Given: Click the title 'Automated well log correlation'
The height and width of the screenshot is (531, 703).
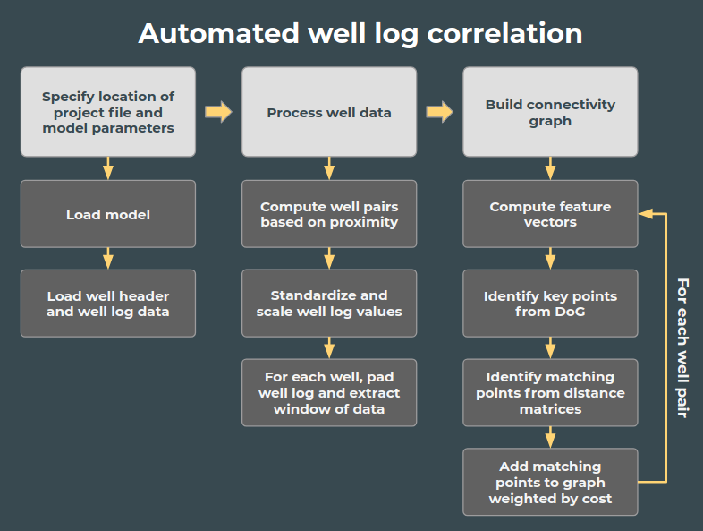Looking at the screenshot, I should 360,33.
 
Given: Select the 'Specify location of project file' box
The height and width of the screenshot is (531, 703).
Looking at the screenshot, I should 107,112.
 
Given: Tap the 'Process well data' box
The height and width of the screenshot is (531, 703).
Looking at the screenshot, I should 328,112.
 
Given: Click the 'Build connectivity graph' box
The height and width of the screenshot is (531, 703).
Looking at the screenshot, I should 550,112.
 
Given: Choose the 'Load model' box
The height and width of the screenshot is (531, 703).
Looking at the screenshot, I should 107,214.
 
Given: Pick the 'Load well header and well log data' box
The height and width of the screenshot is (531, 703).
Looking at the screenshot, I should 107,304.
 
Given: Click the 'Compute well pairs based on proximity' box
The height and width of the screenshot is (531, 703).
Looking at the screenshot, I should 328,214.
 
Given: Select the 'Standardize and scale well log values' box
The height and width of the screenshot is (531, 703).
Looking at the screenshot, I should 328,304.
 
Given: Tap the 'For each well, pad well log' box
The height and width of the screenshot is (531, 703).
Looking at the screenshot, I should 328,393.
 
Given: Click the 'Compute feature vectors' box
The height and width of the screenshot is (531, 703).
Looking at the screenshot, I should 550,214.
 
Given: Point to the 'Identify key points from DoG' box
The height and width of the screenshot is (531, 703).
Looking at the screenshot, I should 550,304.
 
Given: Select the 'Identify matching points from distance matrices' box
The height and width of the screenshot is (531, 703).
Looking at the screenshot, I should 550,393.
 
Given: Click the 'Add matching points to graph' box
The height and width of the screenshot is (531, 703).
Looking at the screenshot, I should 550,482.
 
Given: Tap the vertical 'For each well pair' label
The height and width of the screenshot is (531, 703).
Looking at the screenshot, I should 682,347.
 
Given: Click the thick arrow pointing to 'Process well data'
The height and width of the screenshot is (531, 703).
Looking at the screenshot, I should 218,112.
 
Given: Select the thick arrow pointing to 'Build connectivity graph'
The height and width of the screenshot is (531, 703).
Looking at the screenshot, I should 439,112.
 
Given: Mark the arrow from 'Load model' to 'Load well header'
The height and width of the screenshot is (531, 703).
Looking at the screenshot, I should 107,258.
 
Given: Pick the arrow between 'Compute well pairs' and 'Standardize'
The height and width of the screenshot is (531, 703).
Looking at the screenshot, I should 328,258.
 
